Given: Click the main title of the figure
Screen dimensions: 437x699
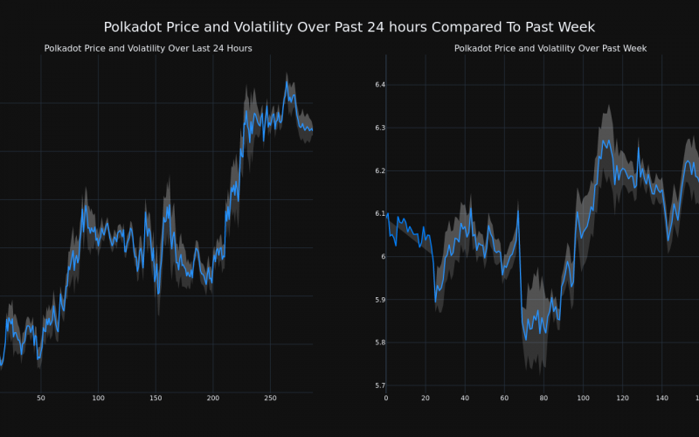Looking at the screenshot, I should click(349, 27).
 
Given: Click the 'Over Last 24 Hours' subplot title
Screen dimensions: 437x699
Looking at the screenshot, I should click(149, 48).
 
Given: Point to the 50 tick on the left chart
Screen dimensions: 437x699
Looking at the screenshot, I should click(40, 398).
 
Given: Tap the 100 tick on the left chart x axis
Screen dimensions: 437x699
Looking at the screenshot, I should click(98, 398).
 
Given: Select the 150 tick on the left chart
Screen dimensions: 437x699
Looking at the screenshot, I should click(156, 398).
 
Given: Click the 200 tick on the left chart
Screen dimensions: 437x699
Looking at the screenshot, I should click(213, 398).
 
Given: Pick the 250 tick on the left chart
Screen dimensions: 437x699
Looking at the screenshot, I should click(270, 398).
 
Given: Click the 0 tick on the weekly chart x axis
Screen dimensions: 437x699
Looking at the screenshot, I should click(386, 398).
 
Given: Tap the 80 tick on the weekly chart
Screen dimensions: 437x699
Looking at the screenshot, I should click(543, 398).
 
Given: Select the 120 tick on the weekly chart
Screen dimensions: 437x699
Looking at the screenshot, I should click(622, 398).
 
